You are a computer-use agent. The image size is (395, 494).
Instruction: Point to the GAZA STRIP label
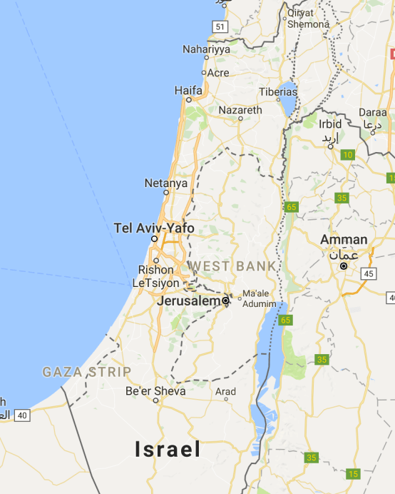coord(86,372)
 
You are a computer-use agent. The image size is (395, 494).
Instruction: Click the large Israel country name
coord(168,449)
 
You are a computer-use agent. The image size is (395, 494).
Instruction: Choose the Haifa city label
coord(188,91)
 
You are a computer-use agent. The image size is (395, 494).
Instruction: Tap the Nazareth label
coord(240,111)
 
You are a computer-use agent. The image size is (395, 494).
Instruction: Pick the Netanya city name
coord(165,183)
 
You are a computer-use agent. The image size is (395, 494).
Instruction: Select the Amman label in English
coord(344,240)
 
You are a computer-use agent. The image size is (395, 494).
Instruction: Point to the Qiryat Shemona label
coord(308,18)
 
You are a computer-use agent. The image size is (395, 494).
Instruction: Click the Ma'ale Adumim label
coord(258,298)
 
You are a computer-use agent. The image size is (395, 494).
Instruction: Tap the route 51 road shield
coord(219,27)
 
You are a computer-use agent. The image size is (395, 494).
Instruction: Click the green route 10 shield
coord(348,155)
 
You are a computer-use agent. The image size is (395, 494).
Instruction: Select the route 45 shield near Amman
coord(368,273)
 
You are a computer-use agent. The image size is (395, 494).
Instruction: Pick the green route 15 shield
coord(352,474)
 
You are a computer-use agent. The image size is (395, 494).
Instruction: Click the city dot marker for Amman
coord(344,266)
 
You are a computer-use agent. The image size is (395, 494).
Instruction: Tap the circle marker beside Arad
coord(225,400)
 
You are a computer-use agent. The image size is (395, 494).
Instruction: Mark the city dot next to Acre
coord(203,73)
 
